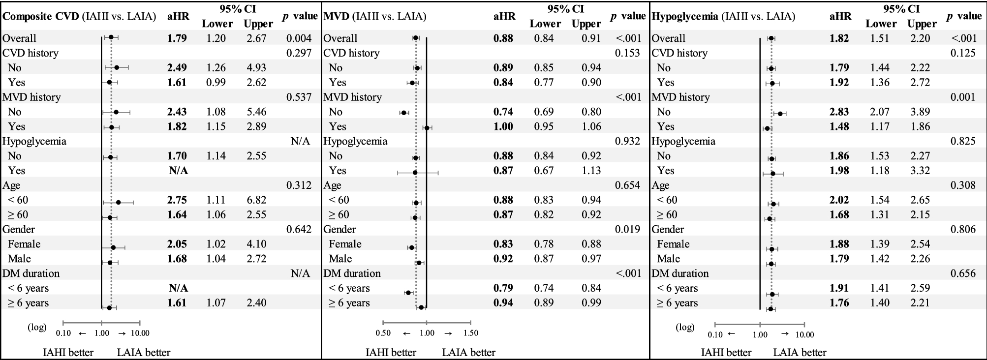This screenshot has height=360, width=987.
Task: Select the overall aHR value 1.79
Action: click(x=177, y=38)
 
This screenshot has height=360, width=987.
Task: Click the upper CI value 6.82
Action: click(x=256, y=200)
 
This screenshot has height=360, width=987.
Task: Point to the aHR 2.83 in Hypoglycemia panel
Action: click(x=839, y=112)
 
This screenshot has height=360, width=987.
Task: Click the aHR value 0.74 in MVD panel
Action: click(x=503, y=112)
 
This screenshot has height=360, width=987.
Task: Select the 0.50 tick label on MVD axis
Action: click(x=383, y=333)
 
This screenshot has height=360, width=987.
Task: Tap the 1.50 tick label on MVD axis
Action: click(x=471, y=333)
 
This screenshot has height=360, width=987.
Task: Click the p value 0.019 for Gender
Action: click(x=627, y=230)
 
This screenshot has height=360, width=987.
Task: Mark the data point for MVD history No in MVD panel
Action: click(x=403, y=113)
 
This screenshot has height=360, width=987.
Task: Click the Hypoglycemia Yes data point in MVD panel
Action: click(x=415, y=173)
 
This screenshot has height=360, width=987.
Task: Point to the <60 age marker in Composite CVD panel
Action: click(x=118, y=202)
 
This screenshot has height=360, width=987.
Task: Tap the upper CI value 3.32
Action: click(x=920, y=171)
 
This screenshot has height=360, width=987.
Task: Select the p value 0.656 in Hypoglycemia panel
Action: click(x=963, y=273)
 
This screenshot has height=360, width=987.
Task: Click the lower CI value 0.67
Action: click(x=544, y=171)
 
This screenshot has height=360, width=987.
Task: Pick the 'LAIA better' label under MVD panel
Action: click(x=468, y=352)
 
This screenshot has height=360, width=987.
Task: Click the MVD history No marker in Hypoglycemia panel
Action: click(x=780, y=113)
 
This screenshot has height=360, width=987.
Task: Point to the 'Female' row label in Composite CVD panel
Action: click(x=24, y=244)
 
